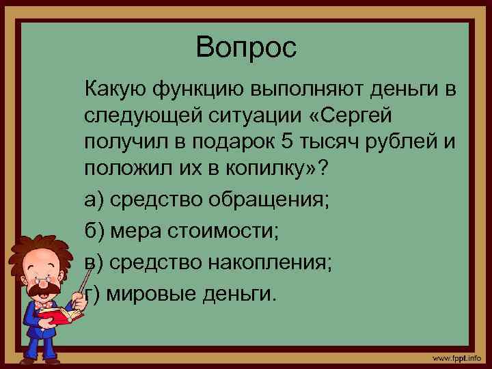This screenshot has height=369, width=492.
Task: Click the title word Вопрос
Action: (x=246, y=48)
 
